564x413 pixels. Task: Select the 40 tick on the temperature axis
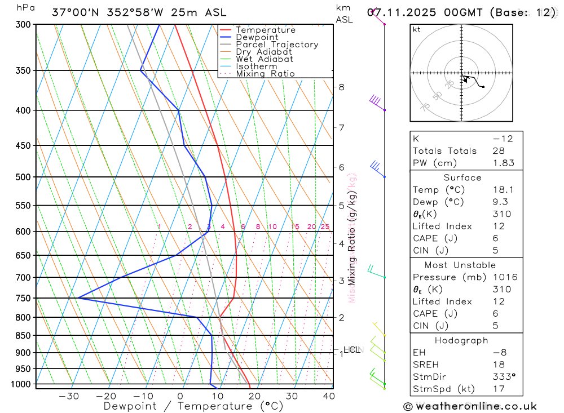pos(328,396)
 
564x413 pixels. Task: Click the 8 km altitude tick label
pos(342,87)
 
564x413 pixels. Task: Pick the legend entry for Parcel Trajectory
pos(277,45)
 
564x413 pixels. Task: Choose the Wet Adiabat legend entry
pos(265,59)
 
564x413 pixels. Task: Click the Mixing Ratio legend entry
pos(265,74)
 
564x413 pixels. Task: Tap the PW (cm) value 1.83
pos(504,163)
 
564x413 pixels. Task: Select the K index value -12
pos(503,139)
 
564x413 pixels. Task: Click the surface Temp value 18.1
pos(504,190)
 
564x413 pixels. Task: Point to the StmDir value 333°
pos(504,376)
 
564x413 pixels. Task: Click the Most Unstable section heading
pos(460,265)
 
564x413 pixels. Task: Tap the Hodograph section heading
pos(460,340)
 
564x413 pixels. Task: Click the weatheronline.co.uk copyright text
pos(470,406)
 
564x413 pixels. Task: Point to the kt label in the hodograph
pos(417,29)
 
